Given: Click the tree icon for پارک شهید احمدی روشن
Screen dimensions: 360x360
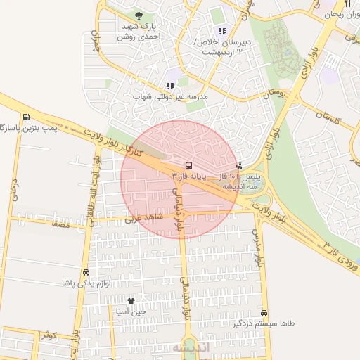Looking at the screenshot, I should (x=139, y=15).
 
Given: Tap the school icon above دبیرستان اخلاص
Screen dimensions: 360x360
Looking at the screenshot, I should (x=222, y=31).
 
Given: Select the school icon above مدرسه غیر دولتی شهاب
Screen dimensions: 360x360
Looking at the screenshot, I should (x=170, y=85).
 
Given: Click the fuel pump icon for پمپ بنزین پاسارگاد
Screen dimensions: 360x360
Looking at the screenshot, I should (x=26, y=117).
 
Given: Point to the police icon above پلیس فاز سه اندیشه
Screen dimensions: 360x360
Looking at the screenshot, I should (x=240, y=167).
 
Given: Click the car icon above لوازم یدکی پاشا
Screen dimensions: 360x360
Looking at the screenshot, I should (x=86, y=271).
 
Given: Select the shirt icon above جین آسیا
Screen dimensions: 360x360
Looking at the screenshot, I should (x=131, y=300).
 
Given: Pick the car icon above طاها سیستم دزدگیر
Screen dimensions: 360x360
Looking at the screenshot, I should (x=264, y=313).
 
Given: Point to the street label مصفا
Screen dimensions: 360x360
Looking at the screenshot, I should (x=58, y=224).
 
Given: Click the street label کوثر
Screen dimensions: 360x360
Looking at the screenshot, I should (x=47, y=335).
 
